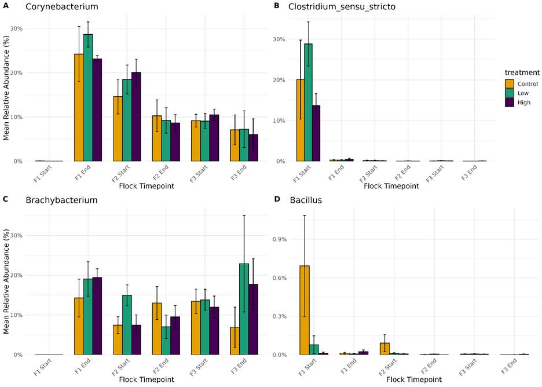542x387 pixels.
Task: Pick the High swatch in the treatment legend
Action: click(510, 102)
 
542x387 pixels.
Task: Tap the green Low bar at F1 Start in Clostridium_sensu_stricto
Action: click(309, 102)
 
